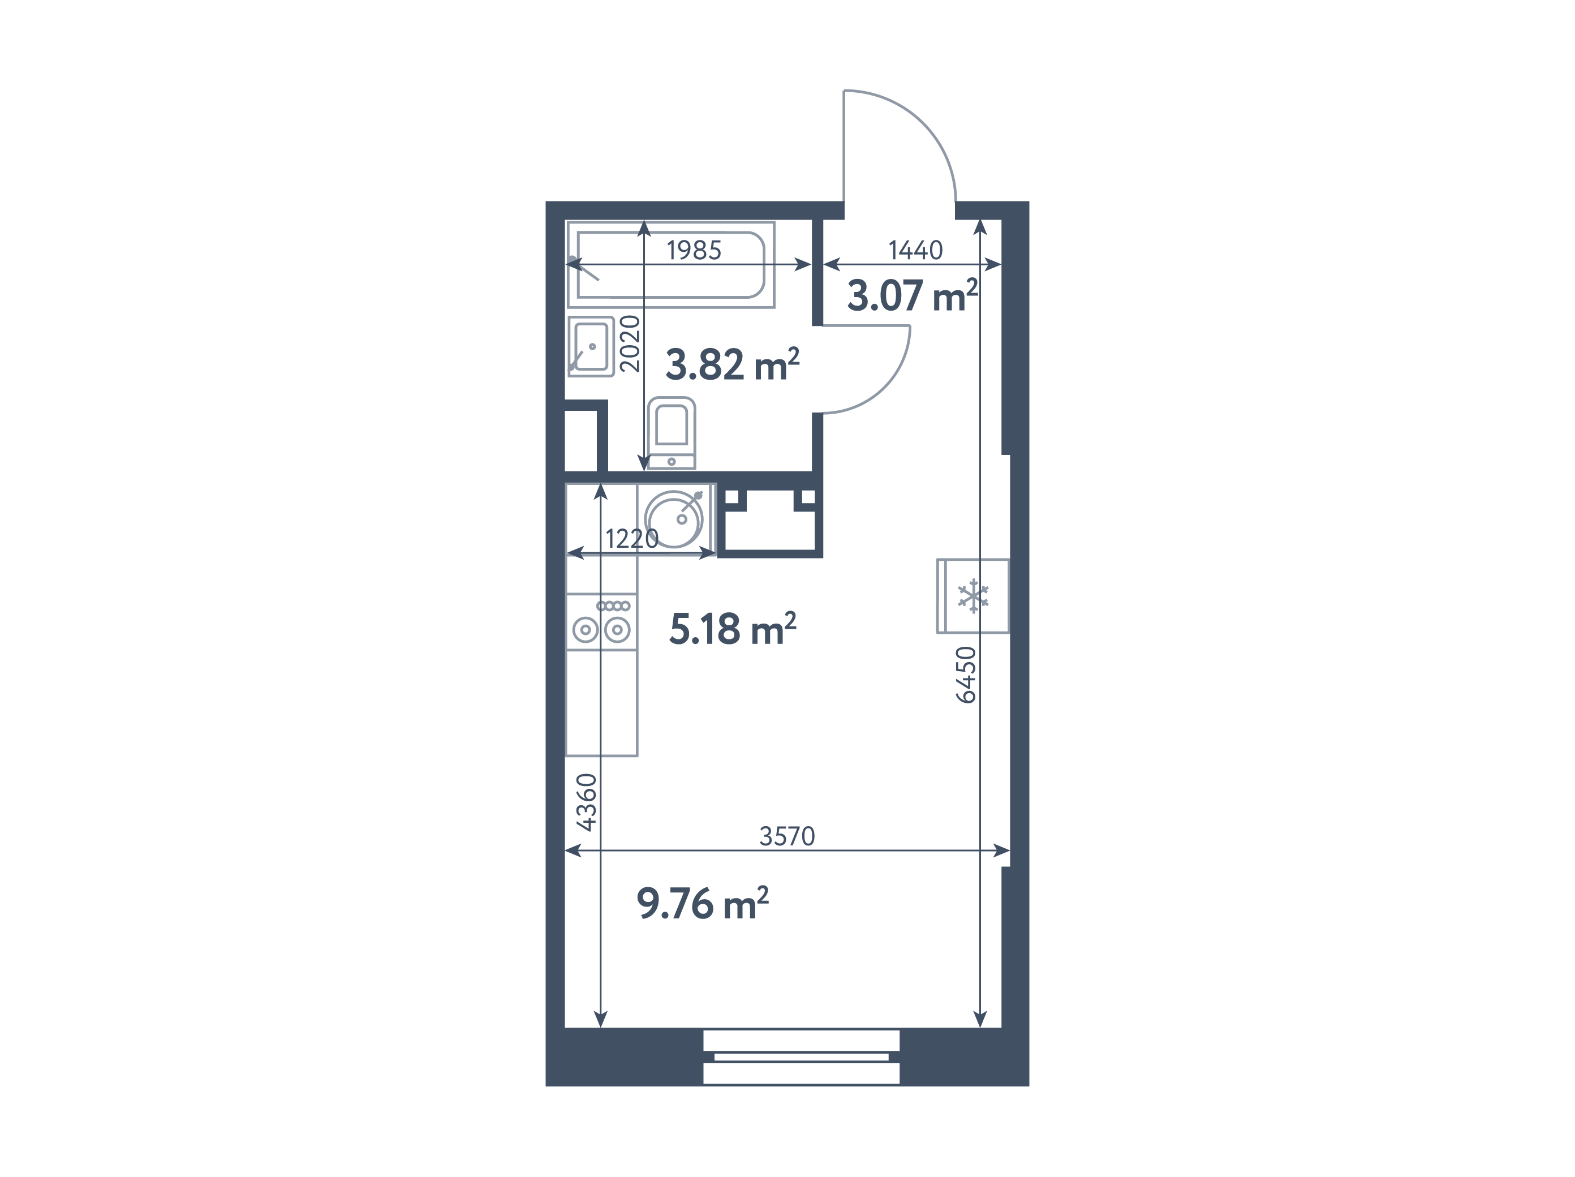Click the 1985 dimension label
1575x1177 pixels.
[x=694, y=250]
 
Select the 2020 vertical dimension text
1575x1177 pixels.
[x=630, y=344]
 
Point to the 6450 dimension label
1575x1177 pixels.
[x=966, y=675]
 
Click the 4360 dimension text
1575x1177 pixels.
[x=586, y=802]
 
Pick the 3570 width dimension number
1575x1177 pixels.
[x=787, y=836]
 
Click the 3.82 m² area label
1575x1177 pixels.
[x=732, y=364]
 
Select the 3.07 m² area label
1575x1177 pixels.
[x=912, y=295]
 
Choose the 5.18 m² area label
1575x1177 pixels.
[x=733, y=629]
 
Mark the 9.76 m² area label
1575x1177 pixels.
[x=703, y=904]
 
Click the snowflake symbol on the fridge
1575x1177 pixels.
[x=973, y=596]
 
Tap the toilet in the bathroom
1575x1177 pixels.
[x=672, y=433]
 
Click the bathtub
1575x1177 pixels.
[x=671, y=265]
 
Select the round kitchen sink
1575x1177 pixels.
[x=674, y=519]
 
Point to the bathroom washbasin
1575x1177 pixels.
[x=591, y=347]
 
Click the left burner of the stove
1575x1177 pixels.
[x=586, y=629]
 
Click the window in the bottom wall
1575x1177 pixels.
[x=801, y=1056]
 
